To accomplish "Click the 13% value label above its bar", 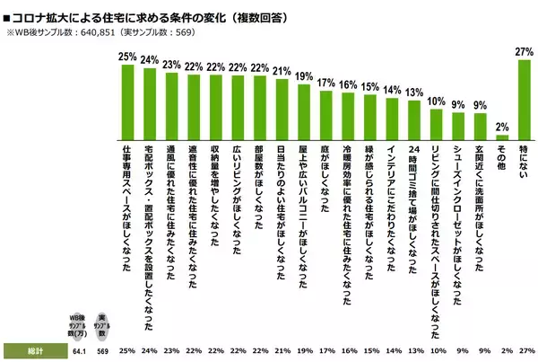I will tap(414, 92).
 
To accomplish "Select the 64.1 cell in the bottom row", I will tap(79, 349).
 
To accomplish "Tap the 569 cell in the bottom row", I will tap(101, 349).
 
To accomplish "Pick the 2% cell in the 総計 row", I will tap(502, 349).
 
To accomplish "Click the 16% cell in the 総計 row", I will tap(349, 349).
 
